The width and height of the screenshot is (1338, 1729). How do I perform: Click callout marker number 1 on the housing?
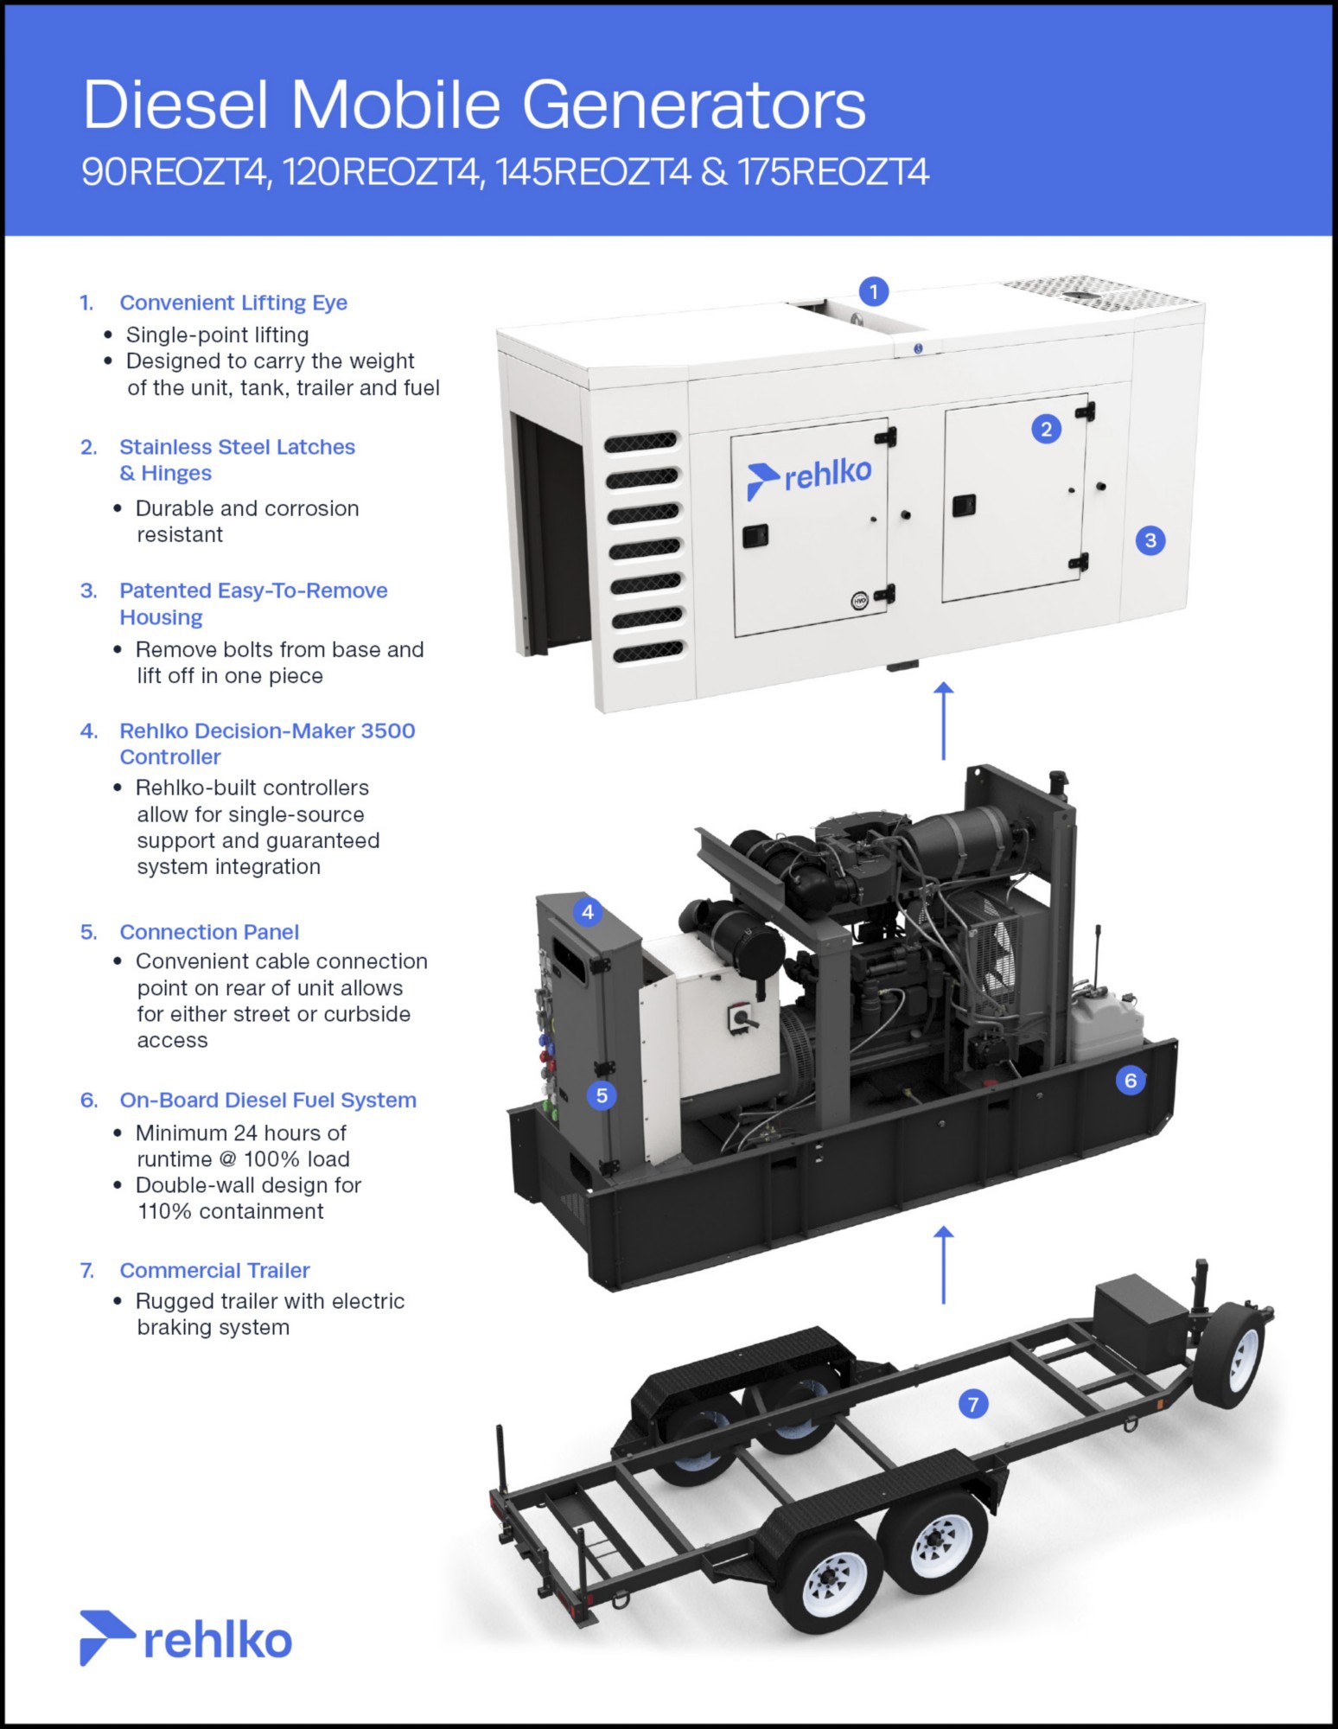coord(874,291)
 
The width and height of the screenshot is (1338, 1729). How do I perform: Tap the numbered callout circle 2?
coord(1046,429)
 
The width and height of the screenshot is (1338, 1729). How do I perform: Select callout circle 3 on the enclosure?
coord(1150,540)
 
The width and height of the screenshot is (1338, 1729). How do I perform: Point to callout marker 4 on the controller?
coord(588,911)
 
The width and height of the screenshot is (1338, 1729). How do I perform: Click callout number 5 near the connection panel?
coord(602,1095)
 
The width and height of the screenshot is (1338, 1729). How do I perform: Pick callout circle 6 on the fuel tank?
coord(1130,1080)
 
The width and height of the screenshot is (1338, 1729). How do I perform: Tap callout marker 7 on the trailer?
coord(973,1404)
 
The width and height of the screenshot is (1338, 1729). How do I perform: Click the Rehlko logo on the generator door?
coord(809,477)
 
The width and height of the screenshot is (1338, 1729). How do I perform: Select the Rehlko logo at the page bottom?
coord(186,1638)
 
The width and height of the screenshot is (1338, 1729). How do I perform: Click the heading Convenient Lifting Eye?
coord(233,303)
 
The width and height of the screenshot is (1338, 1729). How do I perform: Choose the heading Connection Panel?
coord(209,932)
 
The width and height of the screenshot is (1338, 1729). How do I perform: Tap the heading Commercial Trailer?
coord(214,1270)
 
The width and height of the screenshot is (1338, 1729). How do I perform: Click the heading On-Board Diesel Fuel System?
coord(268,1100)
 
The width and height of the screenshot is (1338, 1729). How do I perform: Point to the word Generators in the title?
coord(693,105)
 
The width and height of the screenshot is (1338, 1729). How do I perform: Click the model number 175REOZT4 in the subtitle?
coord(833,172)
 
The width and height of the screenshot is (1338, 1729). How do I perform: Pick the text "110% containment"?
coord(231,1211)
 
